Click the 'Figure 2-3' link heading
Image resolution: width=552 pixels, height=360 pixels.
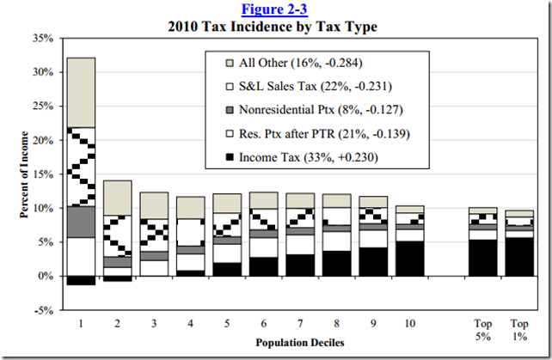[275, 9]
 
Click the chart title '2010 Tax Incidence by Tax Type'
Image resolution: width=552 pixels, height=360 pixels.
[275, 25]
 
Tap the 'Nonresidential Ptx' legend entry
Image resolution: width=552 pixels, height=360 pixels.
[301, 109]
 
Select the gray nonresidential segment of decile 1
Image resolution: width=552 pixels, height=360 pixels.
[81, 222]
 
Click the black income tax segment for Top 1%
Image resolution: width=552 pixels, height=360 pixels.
[518, 257]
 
